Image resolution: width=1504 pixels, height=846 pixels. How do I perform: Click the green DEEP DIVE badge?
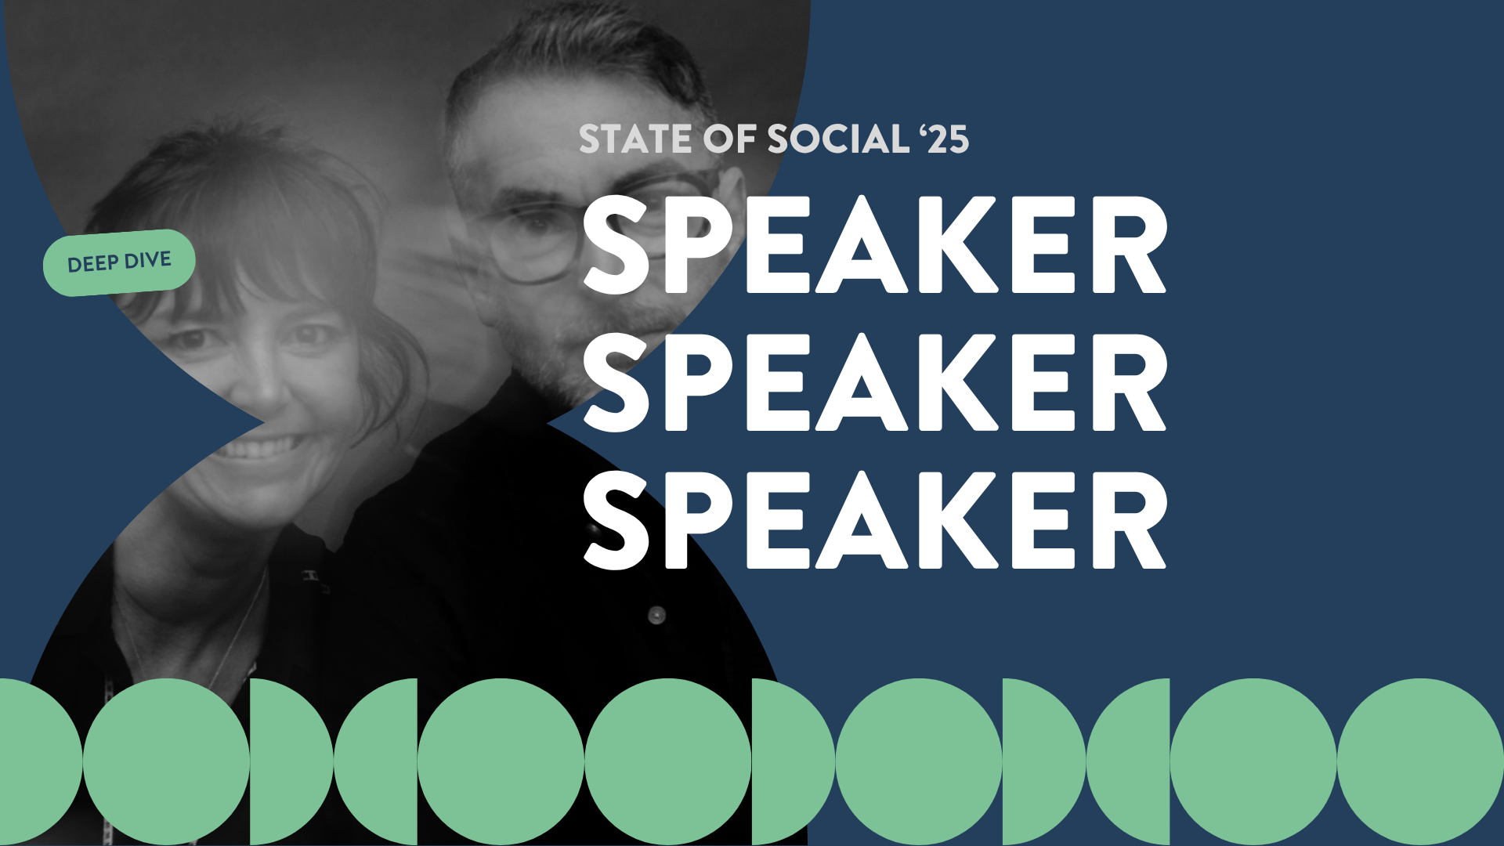pyautogui.click(x=118, y=263)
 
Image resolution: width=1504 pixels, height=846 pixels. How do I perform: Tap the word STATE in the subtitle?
pyautogui.click(x=635, y=140)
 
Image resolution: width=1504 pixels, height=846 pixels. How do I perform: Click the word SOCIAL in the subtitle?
pyautogui.click(x=837, y=140)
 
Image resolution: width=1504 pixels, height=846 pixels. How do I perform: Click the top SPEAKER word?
pyautogui.click(x=875, y=244)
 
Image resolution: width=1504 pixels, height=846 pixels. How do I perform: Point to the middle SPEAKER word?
pyautogui.click(x=875, y=382)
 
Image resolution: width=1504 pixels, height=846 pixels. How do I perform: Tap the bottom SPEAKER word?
pyautogui.click(x=875, y=520)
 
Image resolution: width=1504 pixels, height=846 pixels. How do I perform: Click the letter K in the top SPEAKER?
pyautogui.click(x=957, y=244)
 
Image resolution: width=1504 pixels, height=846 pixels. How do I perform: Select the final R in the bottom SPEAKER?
pyautogui.click(x=1128, y=520)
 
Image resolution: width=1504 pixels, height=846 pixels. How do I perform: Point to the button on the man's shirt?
pyautogui.click(x=656, y=616)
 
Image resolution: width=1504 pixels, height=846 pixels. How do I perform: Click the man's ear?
pyautogui.click(x=732, y=196)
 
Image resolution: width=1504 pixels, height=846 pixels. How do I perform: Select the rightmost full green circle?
pyautogui.click(x=1419, y=761)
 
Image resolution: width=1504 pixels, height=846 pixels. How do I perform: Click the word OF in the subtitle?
pyautogui.click(x=728, y=140)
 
